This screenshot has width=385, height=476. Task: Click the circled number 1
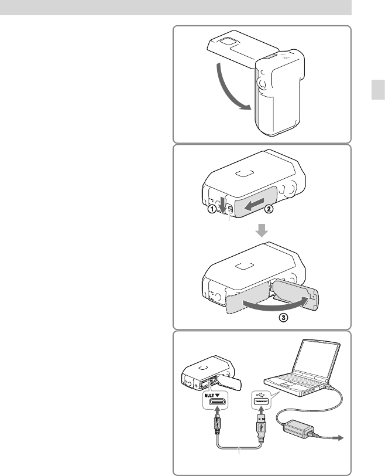[x=212, y=209]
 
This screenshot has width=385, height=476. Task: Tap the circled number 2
[x=269, y=209]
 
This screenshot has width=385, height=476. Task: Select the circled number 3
[x=283, y=318]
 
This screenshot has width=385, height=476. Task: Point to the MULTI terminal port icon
[x=216, y=402]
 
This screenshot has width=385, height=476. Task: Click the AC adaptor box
[x=298, y=429]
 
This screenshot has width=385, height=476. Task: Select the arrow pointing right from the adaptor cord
[x=338, y=438]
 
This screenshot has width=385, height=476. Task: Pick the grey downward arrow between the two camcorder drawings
[x=262, y=230]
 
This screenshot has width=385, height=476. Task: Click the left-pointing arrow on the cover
[x=255, y=204]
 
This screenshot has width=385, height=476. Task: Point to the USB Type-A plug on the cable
[x=262, y=425]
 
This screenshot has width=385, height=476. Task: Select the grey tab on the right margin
[x=378, y=90]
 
